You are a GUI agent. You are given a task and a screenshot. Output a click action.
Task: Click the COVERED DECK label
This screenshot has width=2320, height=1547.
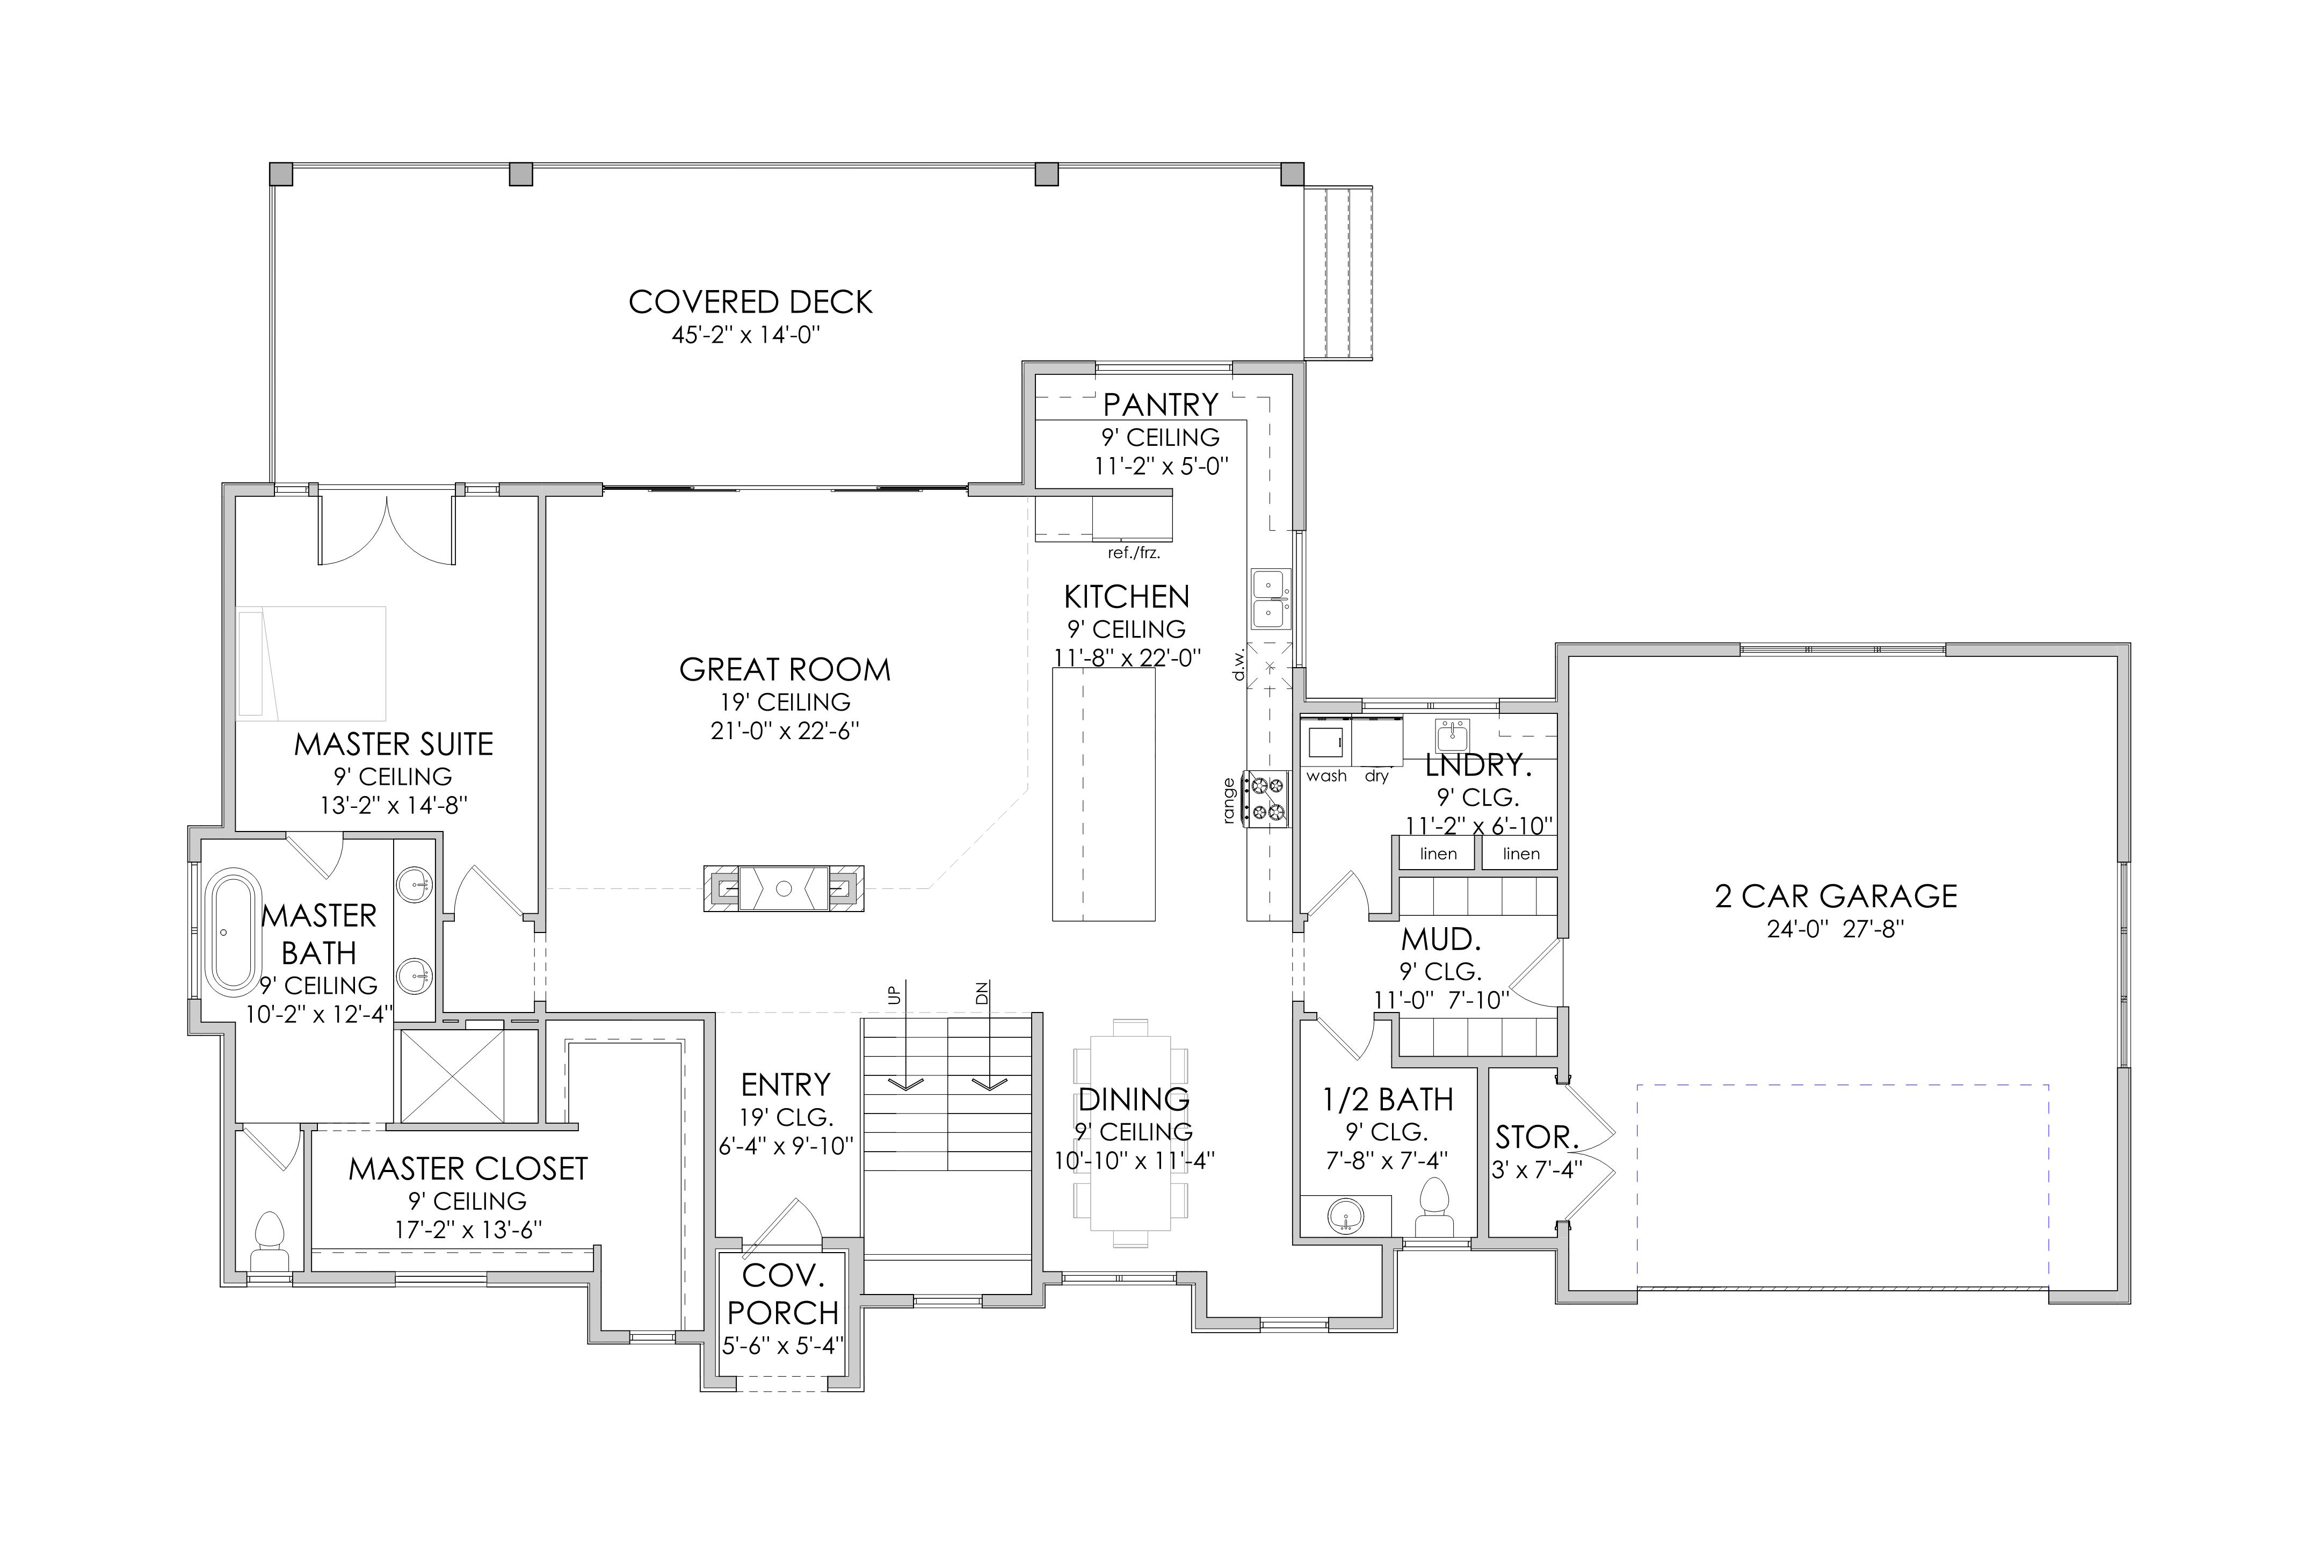(751, 302)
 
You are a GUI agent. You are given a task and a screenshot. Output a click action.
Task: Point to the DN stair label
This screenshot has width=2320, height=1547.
(982, 994)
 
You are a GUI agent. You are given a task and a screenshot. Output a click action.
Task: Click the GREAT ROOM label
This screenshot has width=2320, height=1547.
(785, 670)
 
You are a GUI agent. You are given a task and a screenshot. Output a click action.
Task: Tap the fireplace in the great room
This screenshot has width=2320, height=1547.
(784, 888)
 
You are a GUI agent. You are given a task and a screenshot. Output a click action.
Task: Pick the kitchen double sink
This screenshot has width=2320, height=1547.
(1270, 599)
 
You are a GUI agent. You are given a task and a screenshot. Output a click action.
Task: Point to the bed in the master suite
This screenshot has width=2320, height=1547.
(311, 662)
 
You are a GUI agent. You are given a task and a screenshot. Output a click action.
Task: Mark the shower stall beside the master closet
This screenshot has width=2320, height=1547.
(452, 1075)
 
